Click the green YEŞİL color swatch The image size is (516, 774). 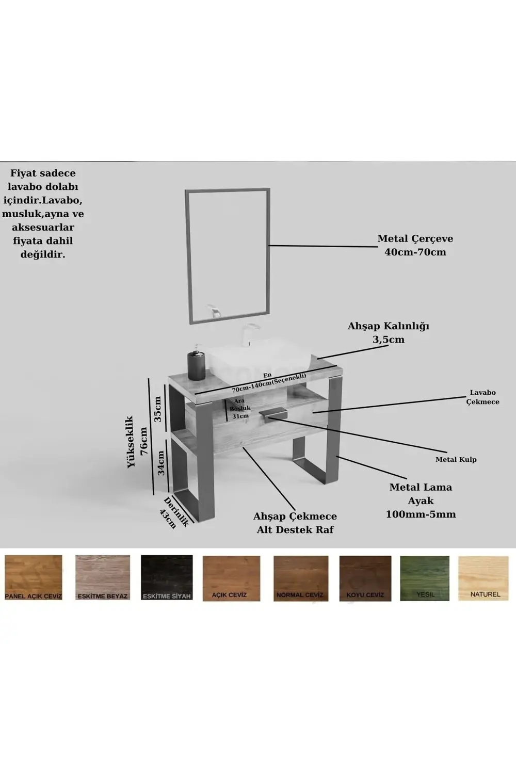pos(425,577)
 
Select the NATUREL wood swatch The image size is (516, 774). pos(485,577)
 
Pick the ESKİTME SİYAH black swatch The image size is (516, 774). pos(167,577)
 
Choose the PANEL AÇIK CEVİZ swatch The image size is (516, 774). pos(34,577)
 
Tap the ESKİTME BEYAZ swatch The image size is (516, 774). pos(102,577)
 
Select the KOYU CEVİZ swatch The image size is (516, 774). pos(365,577)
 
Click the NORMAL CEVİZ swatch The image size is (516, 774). pos(301,577)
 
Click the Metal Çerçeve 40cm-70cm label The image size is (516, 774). pos(415,245)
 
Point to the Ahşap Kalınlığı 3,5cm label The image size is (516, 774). pos(389,332)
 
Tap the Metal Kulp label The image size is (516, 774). pos(456,459)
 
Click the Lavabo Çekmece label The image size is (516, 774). pos(482,397)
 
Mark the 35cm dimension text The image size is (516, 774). pos(158,408)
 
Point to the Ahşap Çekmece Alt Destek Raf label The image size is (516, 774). pos(295,523)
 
